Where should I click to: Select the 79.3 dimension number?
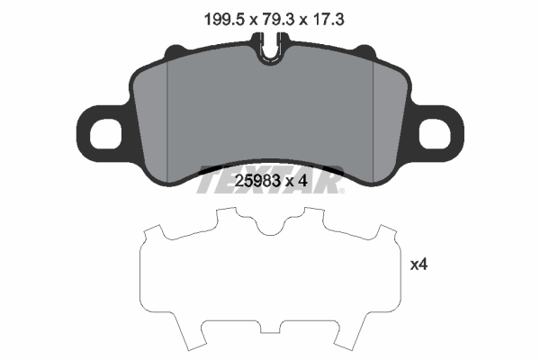272,15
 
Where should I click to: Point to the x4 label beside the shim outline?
418,265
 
